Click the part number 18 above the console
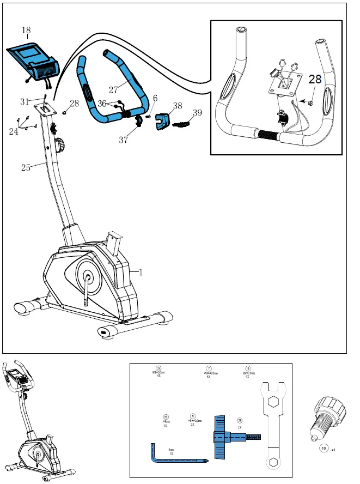27,31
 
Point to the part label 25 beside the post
26,167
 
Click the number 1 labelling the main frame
141,273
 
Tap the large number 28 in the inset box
315,80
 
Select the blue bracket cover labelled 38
163,122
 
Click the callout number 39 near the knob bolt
197,113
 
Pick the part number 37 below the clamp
124,140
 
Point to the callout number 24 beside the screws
13,131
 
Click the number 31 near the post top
25,101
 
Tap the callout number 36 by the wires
102,103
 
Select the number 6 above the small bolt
155,98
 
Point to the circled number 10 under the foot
324,449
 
